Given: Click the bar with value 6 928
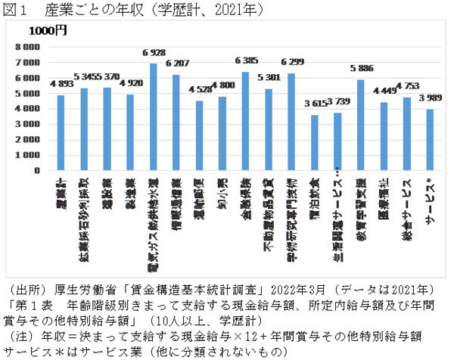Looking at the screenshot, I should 153,117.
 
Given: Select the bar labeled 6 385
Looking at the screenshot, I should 245,121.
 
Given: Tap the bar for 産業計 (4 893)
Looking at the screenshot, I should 61,133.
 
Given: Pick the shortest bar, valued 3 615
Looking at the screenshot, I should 315,143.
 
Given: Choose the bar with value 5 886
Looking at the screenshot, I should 360,126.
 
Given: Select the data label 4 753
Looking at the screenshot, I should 406,86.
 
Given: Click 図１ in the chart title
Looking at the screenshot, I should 16,10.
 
